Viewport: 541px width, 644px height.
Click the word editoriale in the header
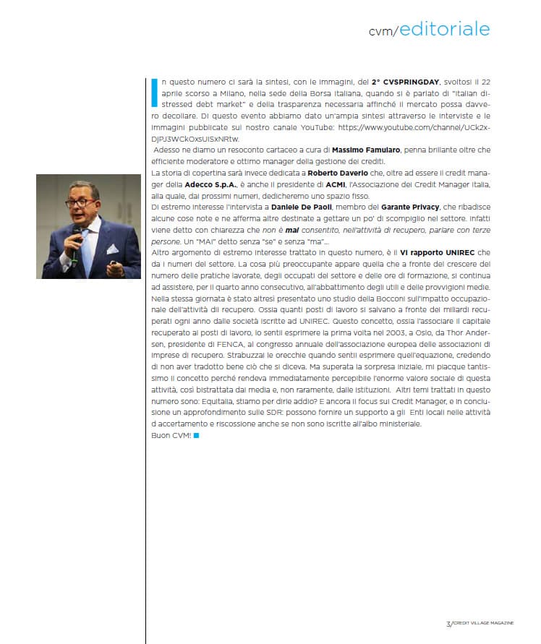[x=444, y=29]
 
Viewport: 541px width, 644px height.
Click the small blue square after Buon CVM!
[x=196, y=436]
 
